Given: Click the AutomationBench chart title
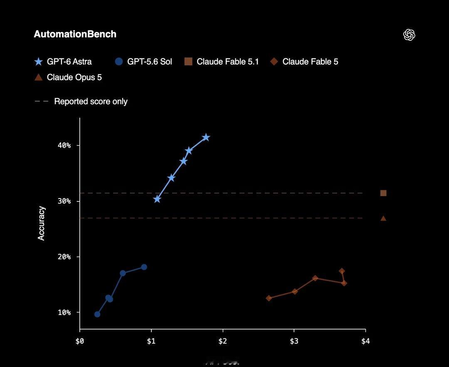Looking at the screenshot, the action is [75, 34].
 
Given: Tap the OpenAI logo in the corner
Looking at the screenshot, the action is [409, 35].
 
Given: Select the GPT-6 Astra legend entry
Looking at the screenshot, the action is [63, 62].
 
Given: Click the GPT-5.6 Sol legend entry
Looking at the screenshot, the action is [143, 62].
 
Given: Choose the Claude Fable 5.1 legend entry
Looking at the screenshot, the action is [222, 62].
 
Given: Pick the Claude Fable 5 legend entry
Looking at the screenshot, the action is [304, 62].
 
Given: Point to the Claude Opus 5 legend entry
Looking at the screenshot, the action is [68, 77].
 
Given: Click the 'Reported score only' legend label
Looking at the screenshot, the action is [91, 102].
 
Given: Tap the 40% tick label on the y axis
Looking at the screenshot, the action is [64, 145].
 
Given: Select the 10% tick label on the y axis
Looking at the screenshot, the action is [64, 312].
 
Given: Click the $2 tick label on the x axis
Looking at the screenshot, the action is [222, 341].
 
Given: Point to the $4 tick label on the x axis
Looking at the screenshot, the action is [365, 341].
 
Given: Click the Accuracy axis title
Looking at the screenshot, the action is [42, 223].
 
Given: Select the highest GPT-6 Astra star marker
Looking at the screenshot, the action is [206, 137].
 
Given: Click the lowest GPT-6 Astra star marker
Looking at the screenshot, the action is [157, 199].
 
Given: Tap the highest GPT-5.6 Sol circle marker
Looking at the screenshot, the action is [144, 267].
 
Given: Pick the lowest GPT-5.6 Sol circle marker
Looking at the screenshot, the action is [97, 314].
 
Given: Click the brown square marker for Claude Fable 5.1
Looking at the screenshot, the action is [383, 193].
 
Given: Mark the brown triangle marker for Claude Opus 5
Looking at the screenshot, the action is [383, 218].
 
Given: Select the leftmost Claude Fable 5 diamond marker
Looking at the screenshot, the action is [269, 298].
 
